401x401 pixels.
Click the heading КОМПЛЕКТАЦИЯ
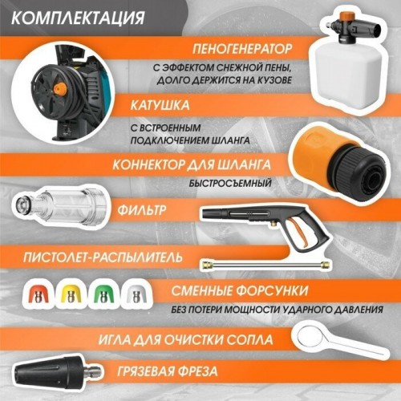point(80,17)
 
